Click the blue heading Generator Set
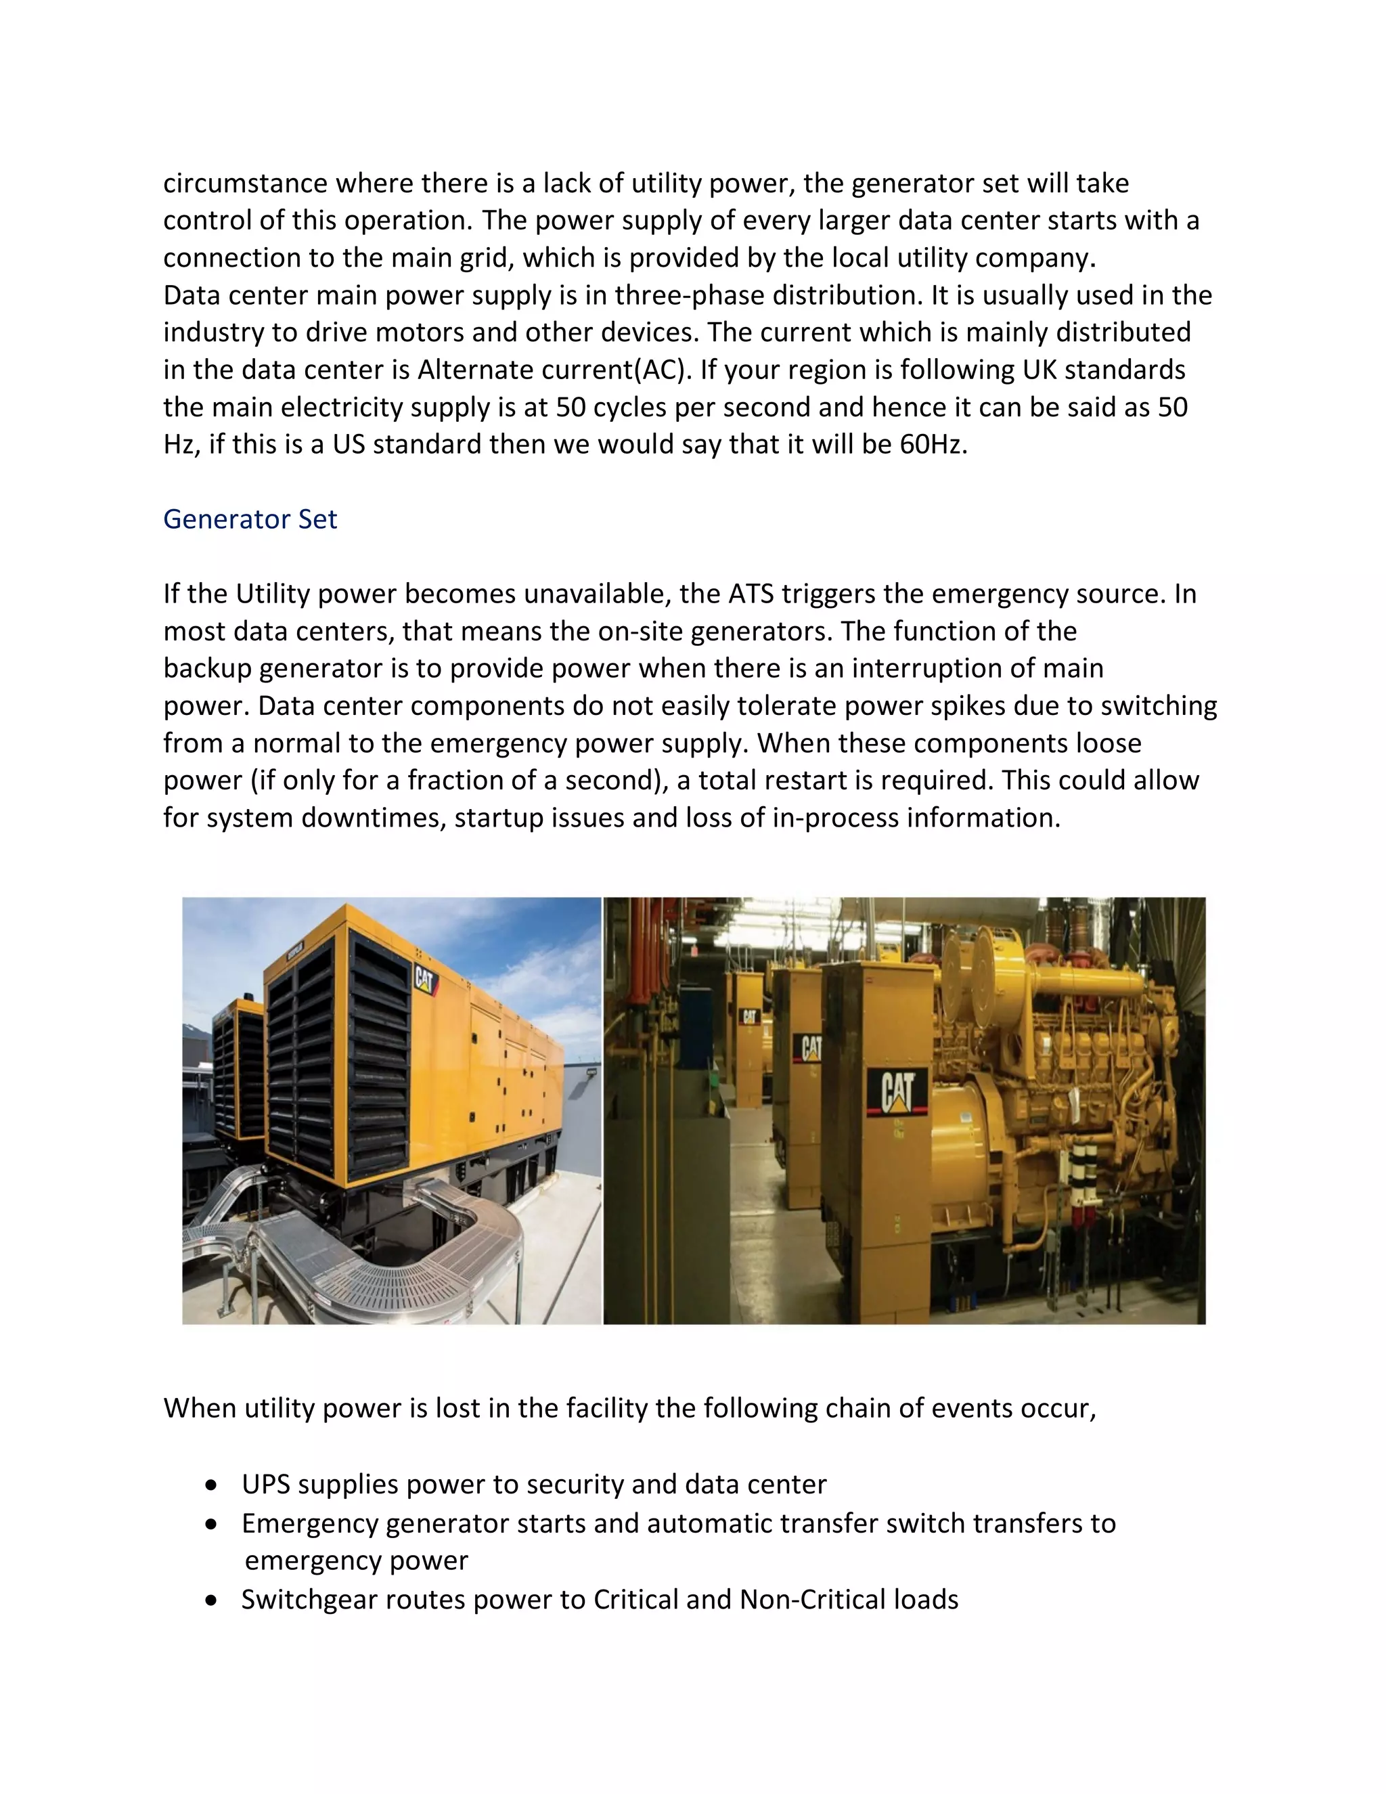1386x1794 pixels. tap(250, 519)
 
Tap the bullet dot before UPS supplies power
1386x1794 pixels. tap(213, 1485)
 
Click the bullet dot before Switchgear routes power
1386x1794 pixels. tap(213, 1600)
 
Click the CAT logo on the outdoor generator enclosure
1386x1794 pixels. tap(424, 979)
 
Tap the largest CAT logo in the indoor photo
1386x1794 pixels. tap(897, 1093)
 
